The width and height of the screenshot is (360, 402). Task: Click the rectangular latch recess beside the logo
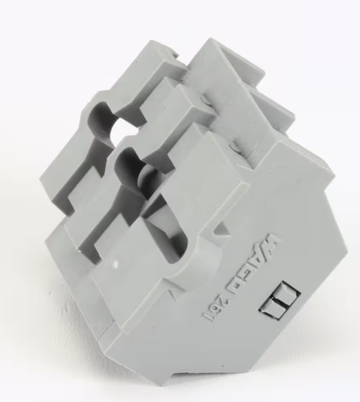pyautogui.click(x=279, y=300)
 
